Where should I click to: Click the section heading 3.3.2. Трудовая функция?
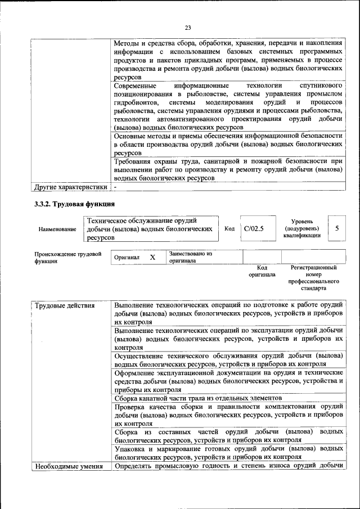pos(75,204)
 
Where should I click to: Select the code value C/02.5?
pos(254,229)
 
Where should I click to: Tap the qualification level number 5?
pos(337,229)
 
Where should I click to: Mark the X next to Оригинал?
pos(152,257)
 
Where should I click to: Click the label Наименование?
pos(57,229)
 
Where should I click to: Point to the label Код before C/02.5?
pos(229,229)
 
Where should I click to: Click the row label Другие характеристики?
pos(70,187)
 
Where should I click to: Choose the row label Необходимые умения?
pos(70,466)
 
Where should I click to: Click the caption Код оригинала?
pos(262,271)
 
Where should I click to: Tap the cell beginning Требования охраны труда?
pos(228,169)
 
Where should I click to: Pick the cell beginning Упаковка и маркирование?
pos(228,453)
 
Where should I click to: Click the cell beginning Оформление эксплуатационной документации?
pos(228,381)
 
